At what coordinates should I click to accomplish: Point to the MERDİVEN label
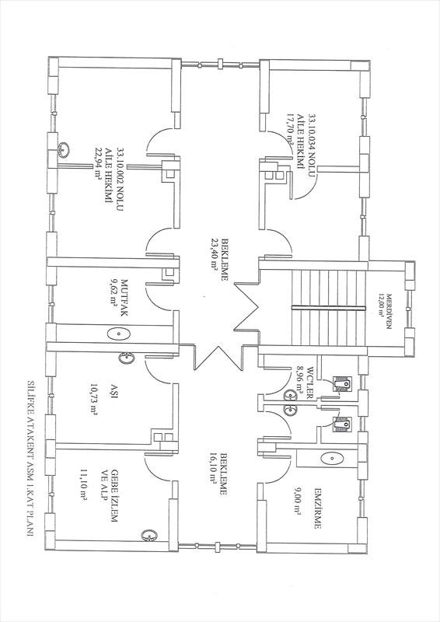click(x=389, y=311)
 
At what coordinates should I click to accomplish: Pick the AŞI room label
click(x=114, y=387)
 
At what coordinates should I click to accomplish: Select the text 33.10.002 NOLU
click(x=120, y=180)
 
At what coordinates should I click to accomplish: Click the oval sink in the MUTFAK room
click(x=119, y=334)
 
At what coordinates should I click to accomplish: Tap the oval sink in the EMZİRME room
click(x=331, y=459)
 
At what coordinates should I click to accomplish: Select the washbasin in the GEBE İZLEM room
click(x=149, y=535)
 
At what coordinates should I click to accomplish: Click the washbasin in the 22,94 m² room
click(x=64, y=149)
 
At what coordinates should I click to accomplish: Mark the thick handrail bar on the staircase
click(x=328, y=307)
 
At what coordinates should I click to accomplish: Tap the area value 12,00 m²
click(x=381, y=311)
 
